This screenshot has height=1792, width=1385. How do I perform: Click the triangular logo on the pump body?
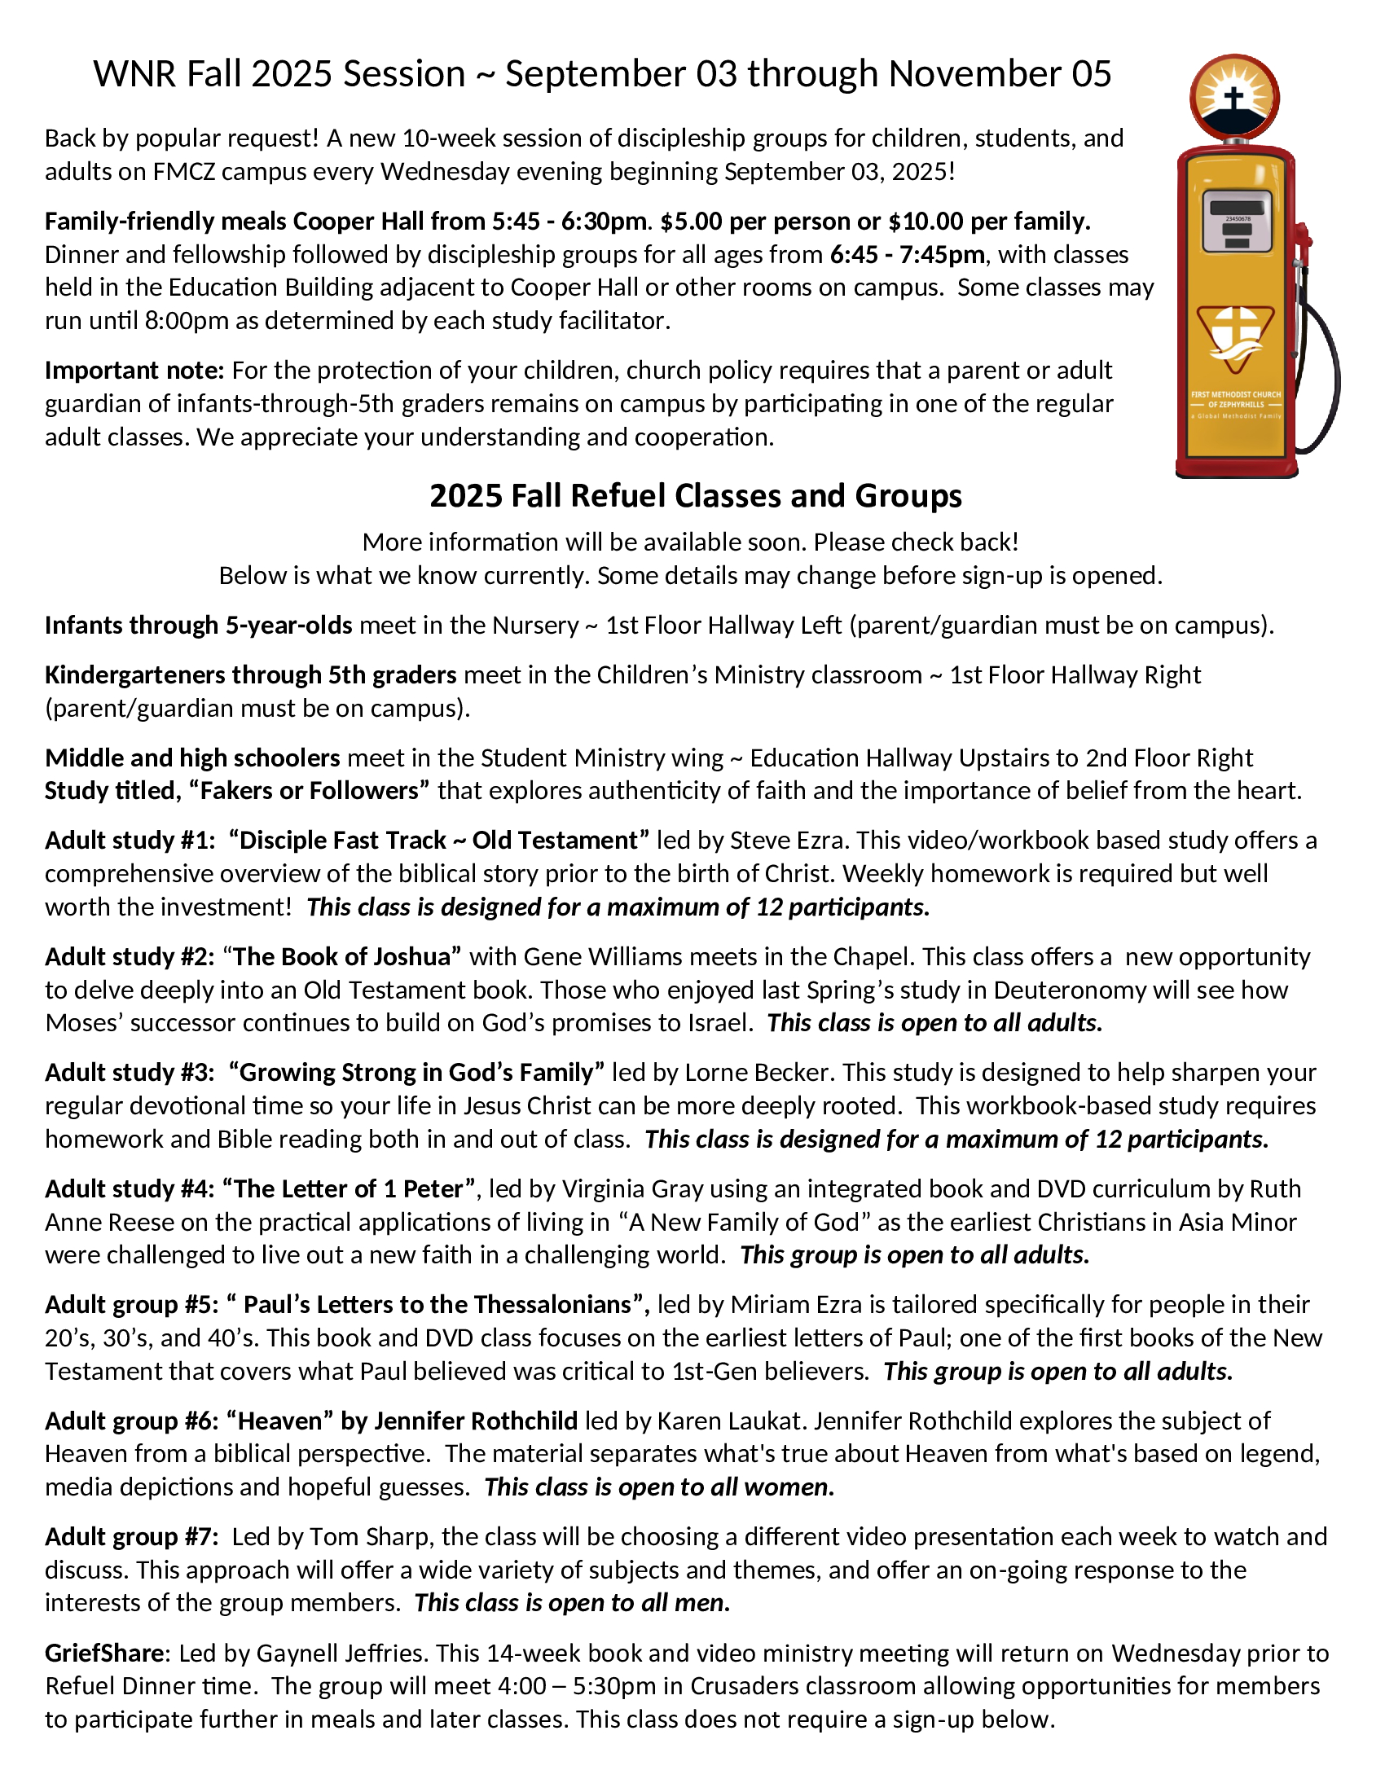tap(1236, 336)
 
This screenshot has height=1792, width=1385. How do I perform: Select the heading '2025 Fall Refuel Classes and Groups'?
tap(695, 496)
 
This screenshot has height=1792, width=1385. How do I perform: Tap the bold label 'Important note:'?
tap(134, 371)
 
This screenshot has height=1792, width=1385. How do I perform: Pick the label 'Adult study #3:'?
tap(130, 1073)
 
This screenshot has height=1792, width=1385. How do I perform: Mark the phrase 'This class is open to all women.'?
tap(659, 1487)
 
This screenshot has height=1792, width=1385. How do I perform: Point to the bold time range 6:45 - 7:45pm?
tap(907, 255)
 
